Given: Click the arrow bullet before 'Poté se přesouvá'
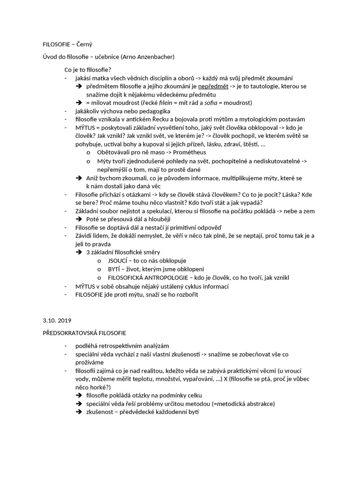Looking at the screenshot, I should (79, 219).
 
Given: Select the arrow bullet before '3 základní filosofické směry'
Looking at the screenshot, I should (79, 252).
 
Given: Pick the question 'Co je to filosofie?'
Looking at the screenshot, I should (88, 70).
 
